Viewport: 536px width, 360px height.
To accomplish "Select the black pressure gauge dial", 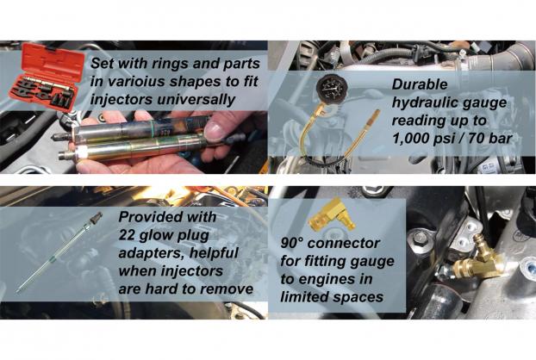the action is (x=332, y=87).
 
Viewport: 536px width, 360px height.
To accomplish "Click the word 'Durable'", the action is (x=419, y=84).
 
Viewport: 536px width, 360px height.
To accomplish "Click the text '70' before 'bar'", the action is (x=477, y=139).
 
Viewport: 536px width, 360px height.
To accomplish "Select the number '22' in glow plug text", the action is (x=128, y=235).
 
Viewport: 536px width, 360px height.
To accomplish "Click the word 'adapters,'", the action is (x=151, y=253).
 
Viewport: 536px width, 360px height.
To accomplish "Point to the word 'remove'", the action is (x=227, y=289).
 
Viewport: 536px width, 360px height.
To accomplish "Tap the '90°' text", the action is (x=292, y=243).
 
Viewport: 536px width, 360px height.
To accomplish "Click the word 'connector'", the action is (x=344, y=244).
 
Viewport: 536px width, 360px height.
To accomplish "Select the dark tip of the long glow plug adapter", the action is (x=97, y=217).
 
